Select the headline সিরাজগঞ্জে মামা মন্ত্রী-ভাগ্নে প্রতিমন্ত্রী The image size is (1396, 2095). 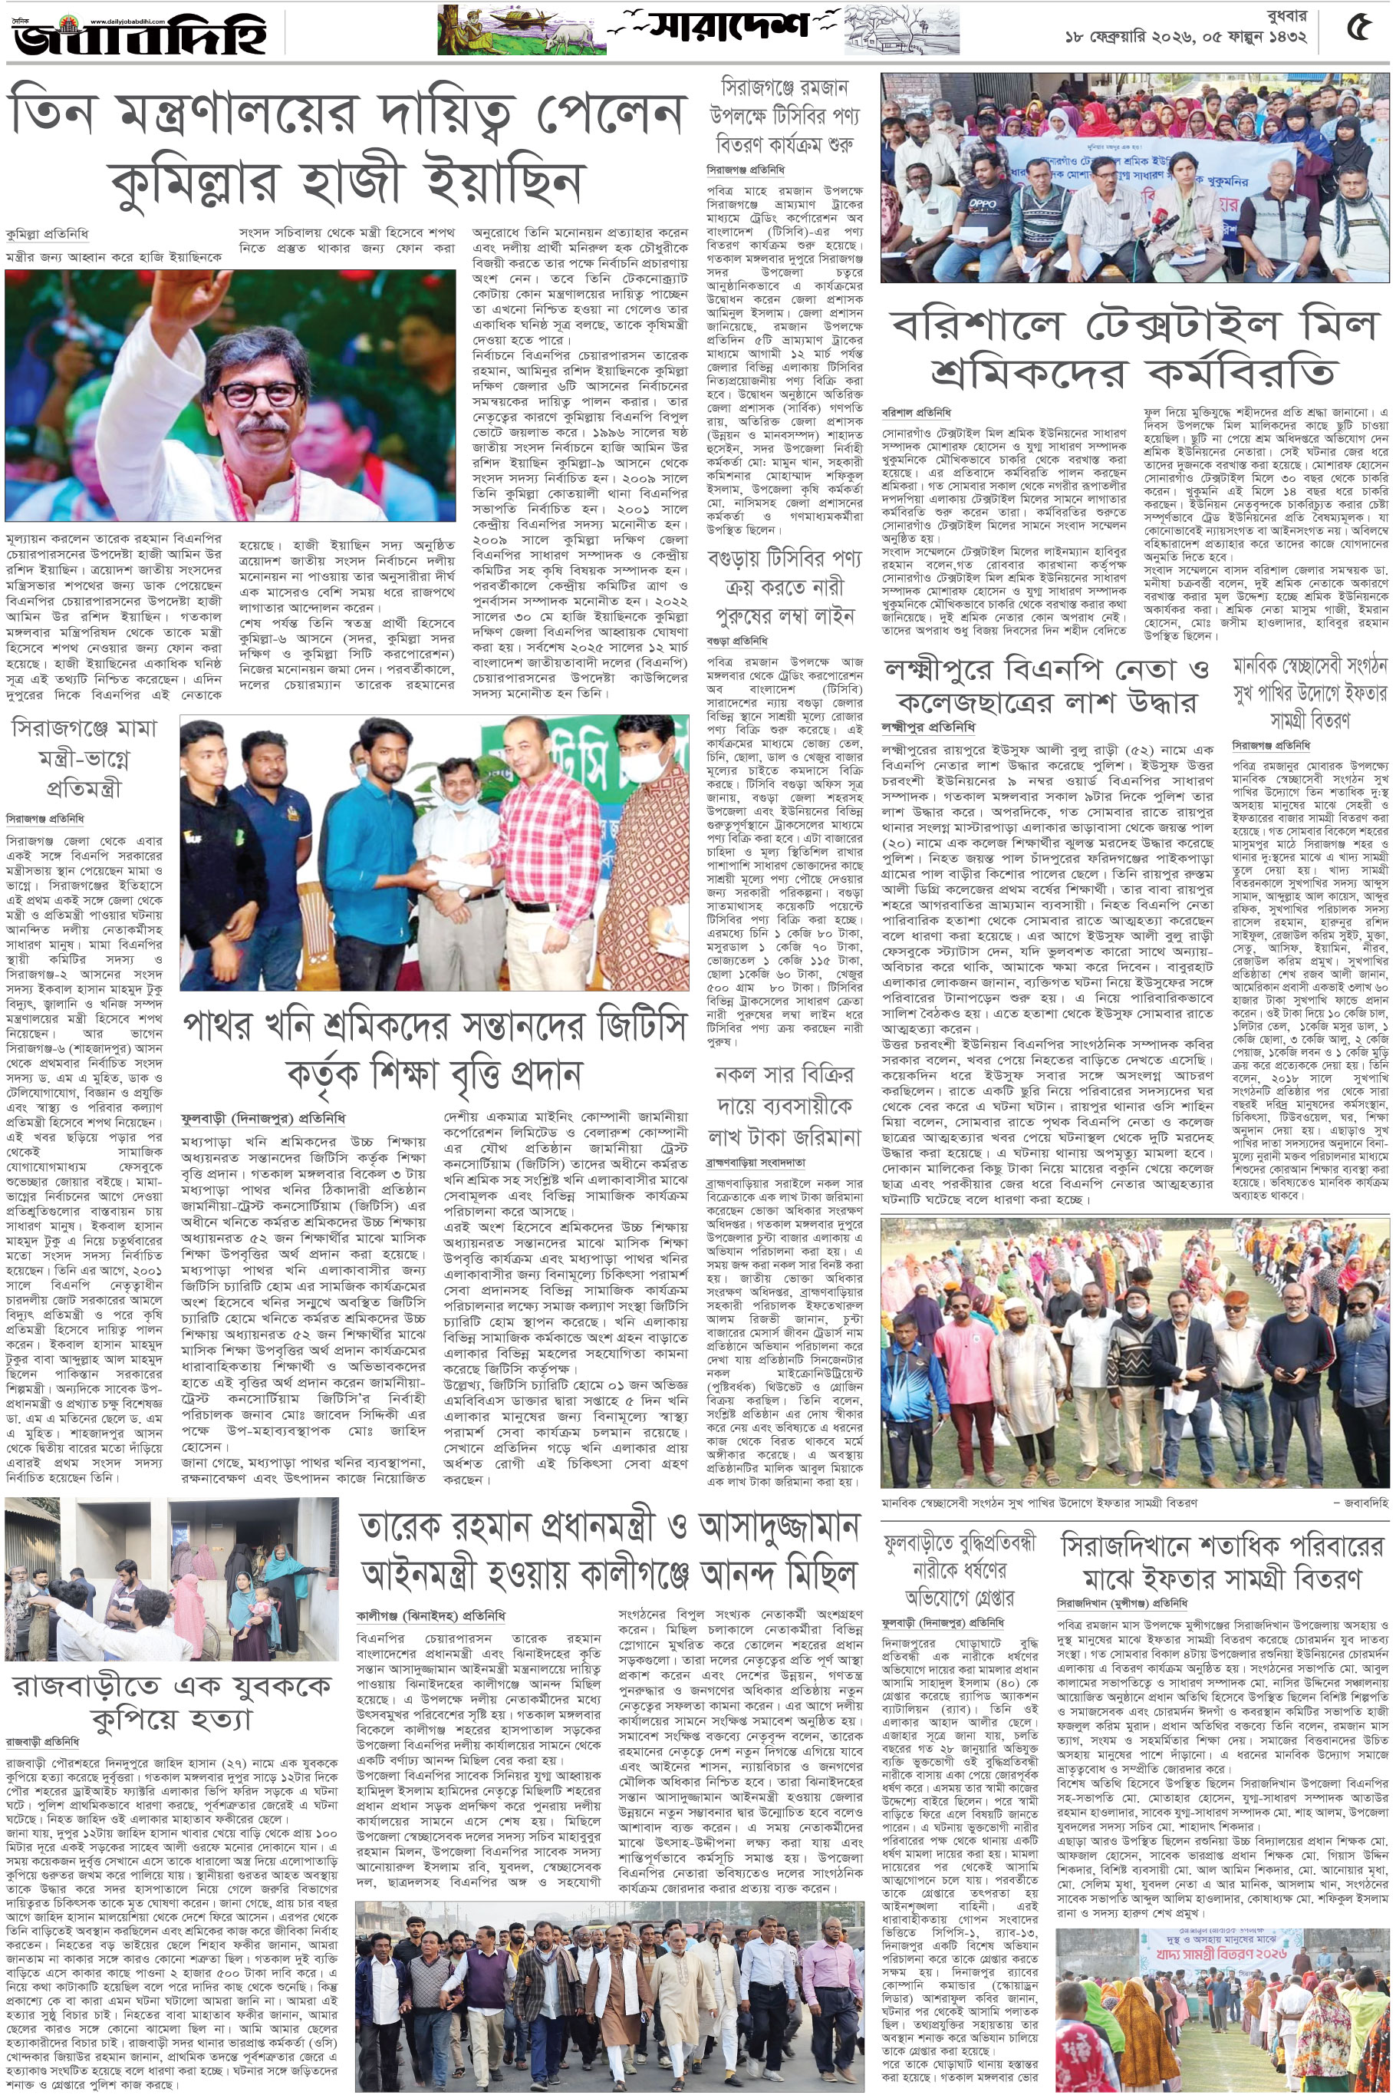pos(84,758)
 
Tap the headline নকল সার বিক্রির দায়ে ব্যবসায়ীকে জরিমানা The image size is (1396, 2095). pos(785,1105)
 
